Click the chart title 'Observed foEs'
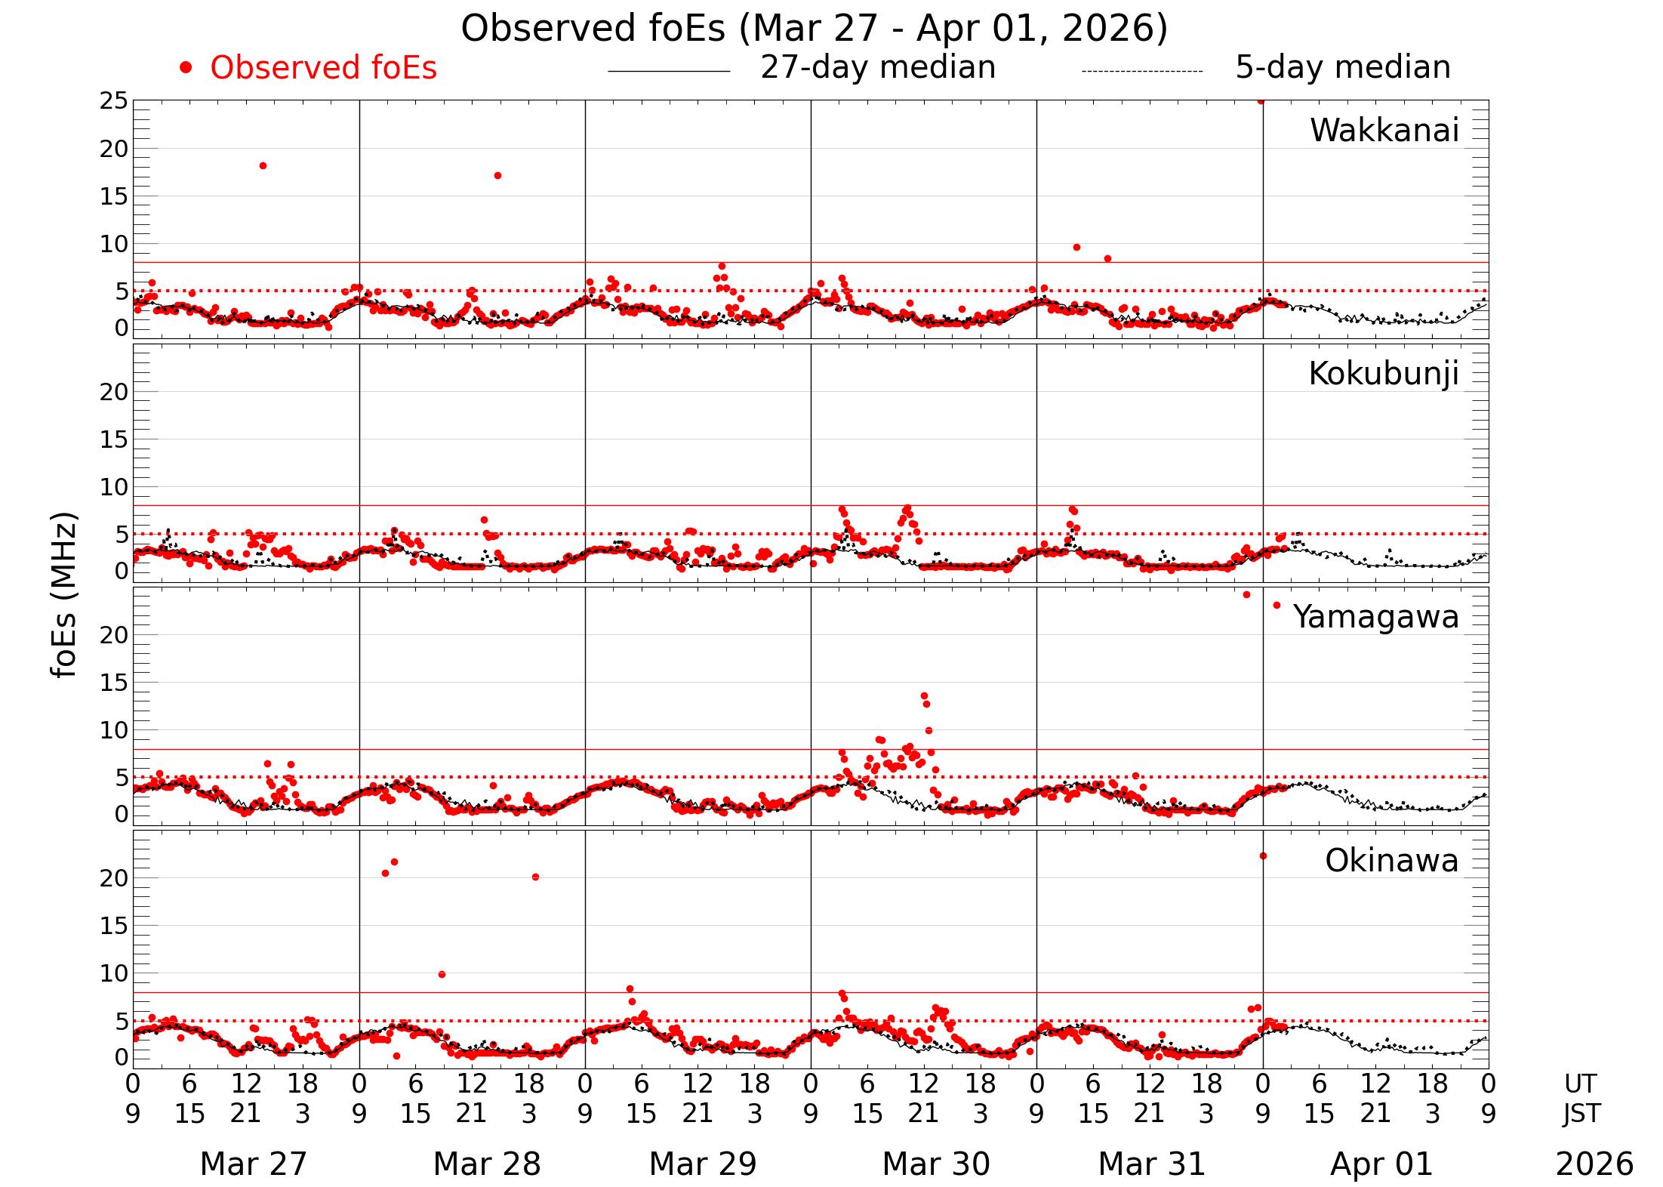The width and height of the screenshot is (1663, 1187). pyautogui.click(x=814, y=29)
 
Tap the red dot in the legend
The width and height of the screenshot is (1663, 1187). pyautogui.click(x=186, y=69)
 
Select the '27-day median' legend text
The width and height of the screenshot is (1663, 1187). pyautogui.click(x=878, y=67)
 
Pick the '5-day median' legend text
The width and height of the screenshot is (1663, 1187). pyautogui.click(x=1342, y=67)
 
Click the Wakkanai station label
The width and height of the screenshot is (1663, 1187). pyautogui.click(x=1384, y=131)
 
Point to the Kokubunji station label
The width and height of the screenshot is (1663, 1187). pyautogui.click(x=1383, y=374)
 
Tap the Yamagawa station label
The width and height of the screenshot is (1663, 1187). pyautogui.click(x=1375, y=617)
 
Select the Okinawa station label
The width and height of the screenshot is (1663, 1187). pyautogui.click(x=1391, y=861)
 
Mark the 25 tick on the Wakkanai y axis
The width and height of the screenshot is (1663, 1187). pyautogui.click(x=114, y=101)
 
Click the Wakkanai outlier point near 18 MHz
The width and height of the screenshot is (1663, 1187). pyautogui.click(x=263, y=166)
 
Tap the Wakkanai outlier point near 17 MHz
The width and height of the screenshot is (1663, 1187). pyautogui.click(x=497, y=176)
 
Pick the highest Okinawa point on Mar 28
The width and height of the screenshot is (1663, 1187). pyautogui.click(x=394, y=862)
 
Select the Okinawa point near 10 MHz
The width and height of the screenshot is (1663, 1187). pyautogui.click(x=442, y=975)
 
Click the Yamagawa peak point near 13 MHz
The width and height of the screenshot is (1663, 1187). pyautogui.click(x=924, y=696)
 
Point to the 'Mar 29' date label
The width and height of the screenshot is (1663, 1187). pyautogui.click(x=702, y=1164)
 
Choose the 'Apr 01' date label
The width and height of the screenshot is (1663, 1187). pyautogui.click(x=1381, y=1164)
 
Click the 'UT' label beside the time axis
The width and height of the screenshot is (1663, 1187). pyautogui.click(x=1580, y=1084)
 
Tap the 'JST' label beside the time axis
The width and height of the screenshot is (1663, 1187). pyautogui.click(x=1581, y=1114)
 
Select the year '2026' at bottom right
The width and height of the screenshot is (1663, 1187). pyautogui.click(x=1594, y=1164)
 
